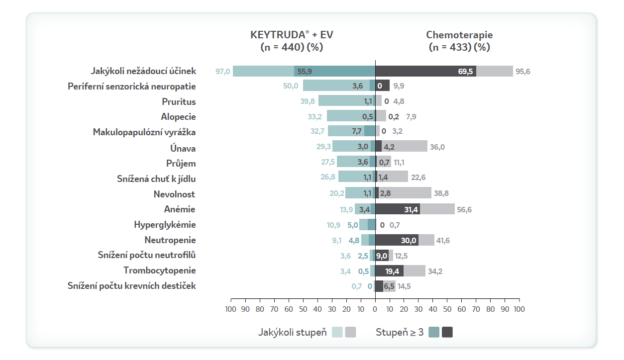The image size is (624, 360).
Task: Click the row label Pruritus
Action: [x=179, y=102]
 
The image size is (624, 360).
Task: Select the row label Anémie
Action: [x=180, y=209]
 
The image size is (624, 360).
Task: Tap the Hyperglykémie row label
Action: [x=165, y=225]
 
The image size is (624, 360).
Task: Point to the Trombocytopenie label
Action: [x=160, y=270]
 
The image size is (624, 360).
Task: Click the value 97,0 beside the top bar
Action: [x=222, y=71]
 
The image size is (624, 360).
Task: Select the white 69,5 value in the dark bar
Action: [x=465, y=71]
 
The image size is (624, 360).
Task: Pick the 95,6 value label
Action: [x=523, y=71]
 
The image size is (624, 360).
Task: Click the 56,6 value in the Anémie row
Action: [x=464, y=209]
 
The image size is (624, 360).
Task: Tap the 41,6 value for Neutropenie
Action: [x=443, y=240]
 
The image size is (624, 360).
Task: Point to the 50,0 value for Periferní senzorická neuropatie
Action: [x=291, y=86]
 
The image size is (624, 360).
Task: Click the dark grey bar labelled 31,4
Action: [x=398, y=209]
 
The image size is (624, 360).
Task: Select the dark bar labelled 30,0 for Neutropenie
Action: [x=397, y=240]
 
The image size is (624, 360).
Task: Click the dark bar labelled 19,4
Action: [x=389, y=270]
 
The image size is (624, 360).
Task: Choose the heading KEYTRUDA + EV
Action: [x=292, y=35]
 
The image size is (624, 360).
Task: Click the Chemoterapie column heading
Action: [x=459, y=35]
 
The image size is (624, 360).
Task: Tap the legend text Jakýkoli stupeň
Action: [x=292, y=332]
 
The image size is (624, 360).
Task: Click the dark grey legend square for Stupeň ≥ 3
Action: [x=447, y=332]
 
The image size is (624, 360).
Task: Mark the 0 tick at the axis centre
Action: [x=375, y=309]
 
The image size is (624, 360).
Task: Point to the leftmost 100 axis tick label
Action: [x=231, y=309]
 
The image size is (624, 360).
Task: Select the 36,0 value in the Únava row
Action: [x=437, y=148]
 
